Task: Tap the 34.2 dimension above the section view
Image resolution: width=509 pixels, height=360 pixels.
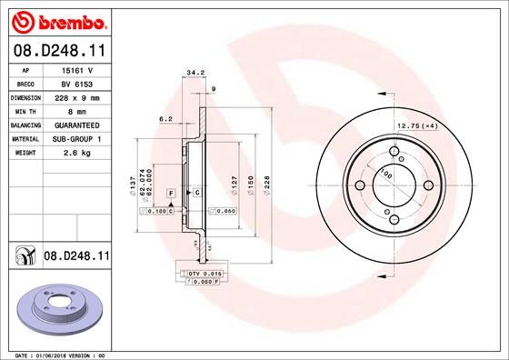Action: [192, 73]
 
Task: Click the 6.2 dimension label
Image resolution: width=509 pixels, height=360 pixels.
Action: [165, 118]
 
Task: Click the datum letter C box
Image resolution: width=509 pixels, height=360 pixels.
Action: [196, 194]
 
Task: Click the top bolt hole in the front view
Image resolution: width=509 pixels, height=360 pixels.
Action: [394, 153]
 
